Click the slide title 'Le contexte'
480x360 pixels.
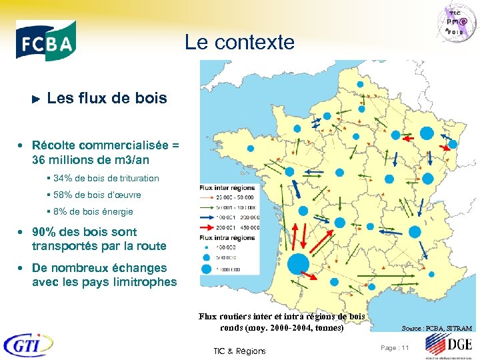(239, 43)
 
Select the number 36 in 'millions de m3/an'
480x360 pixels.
(38, 160)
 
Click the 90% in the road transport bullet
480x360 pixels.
(43, 232)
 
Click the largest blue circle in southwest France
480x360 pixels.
(297, 265)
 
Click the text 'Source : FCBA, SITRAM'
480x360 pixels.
(437, 329)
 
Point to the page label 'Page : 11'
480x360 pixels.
(395, 347)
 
